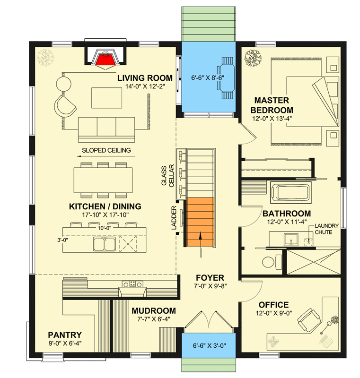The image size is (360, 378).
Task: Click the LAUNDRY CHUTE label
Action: click(x=325, y=229)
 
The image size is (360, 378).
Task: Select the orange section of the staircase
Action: click(x=201, y=222)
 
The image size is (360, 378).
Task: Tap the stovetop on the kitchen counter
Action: click(x=132, y=284)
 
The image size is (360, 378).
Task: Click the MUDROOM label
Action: click(x=154, y=310)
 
